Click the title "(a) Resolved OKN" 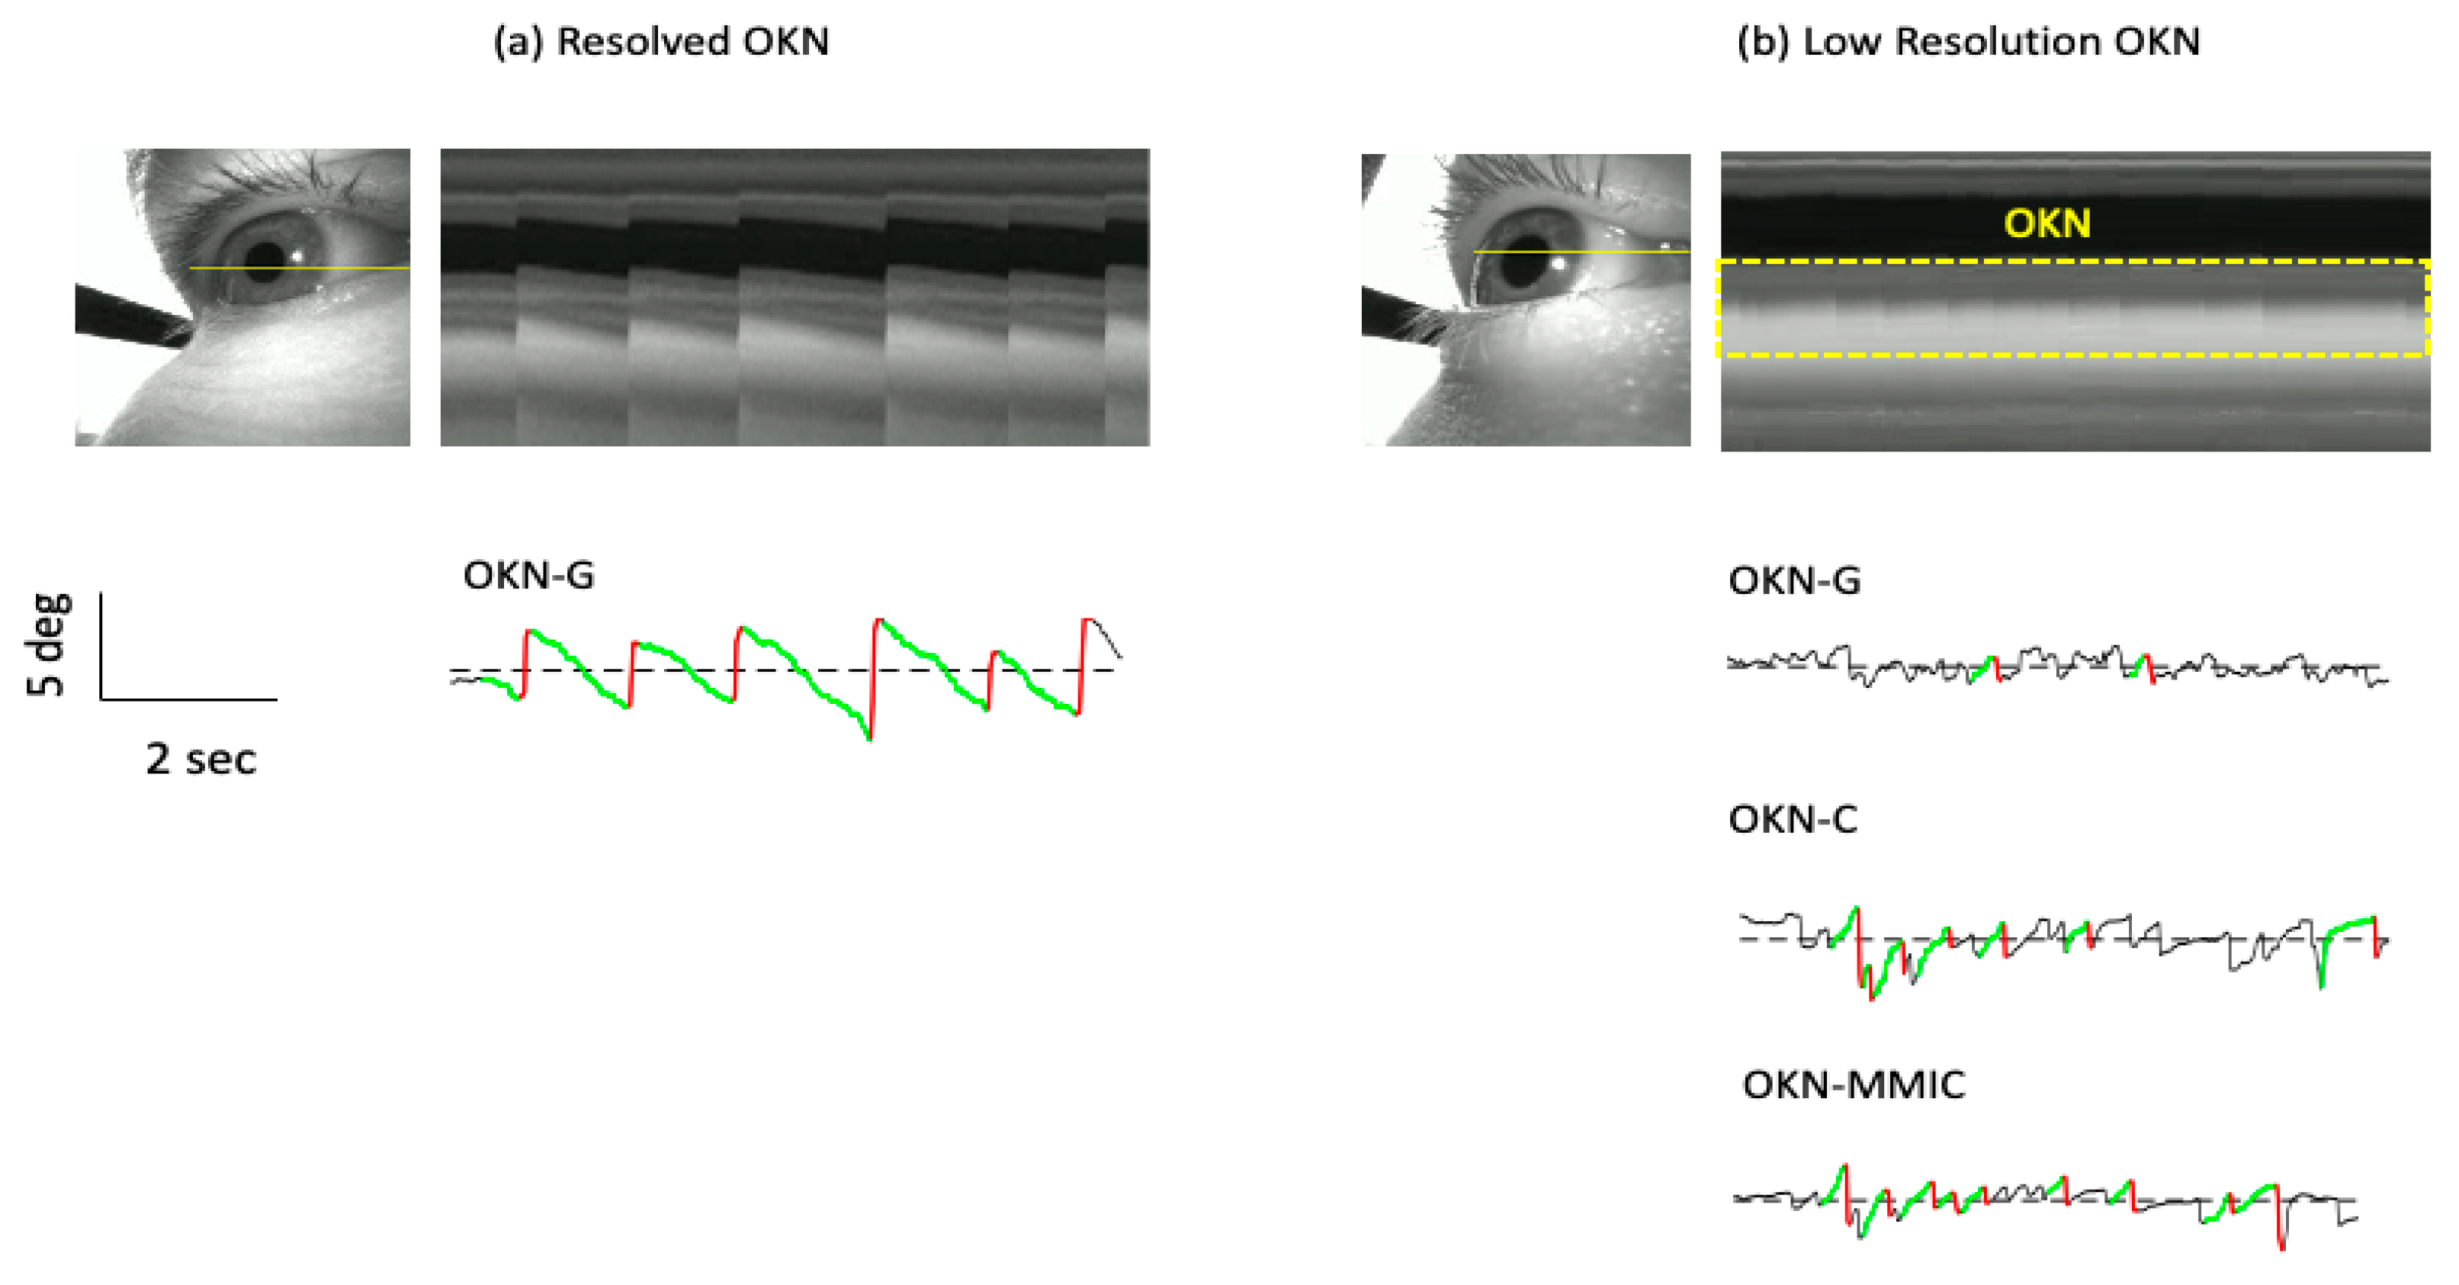[660, 42]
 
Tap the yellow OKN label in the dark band [2046, 223]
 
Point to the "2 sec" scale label [201, 760]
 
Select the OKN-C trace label [1792, 820]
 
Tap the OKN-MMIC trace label [1853, 1085]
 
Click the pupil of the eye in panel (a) [266, 258]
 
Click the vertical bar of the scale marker [101, 645]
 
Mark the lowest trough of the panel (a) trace [868, 738]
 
